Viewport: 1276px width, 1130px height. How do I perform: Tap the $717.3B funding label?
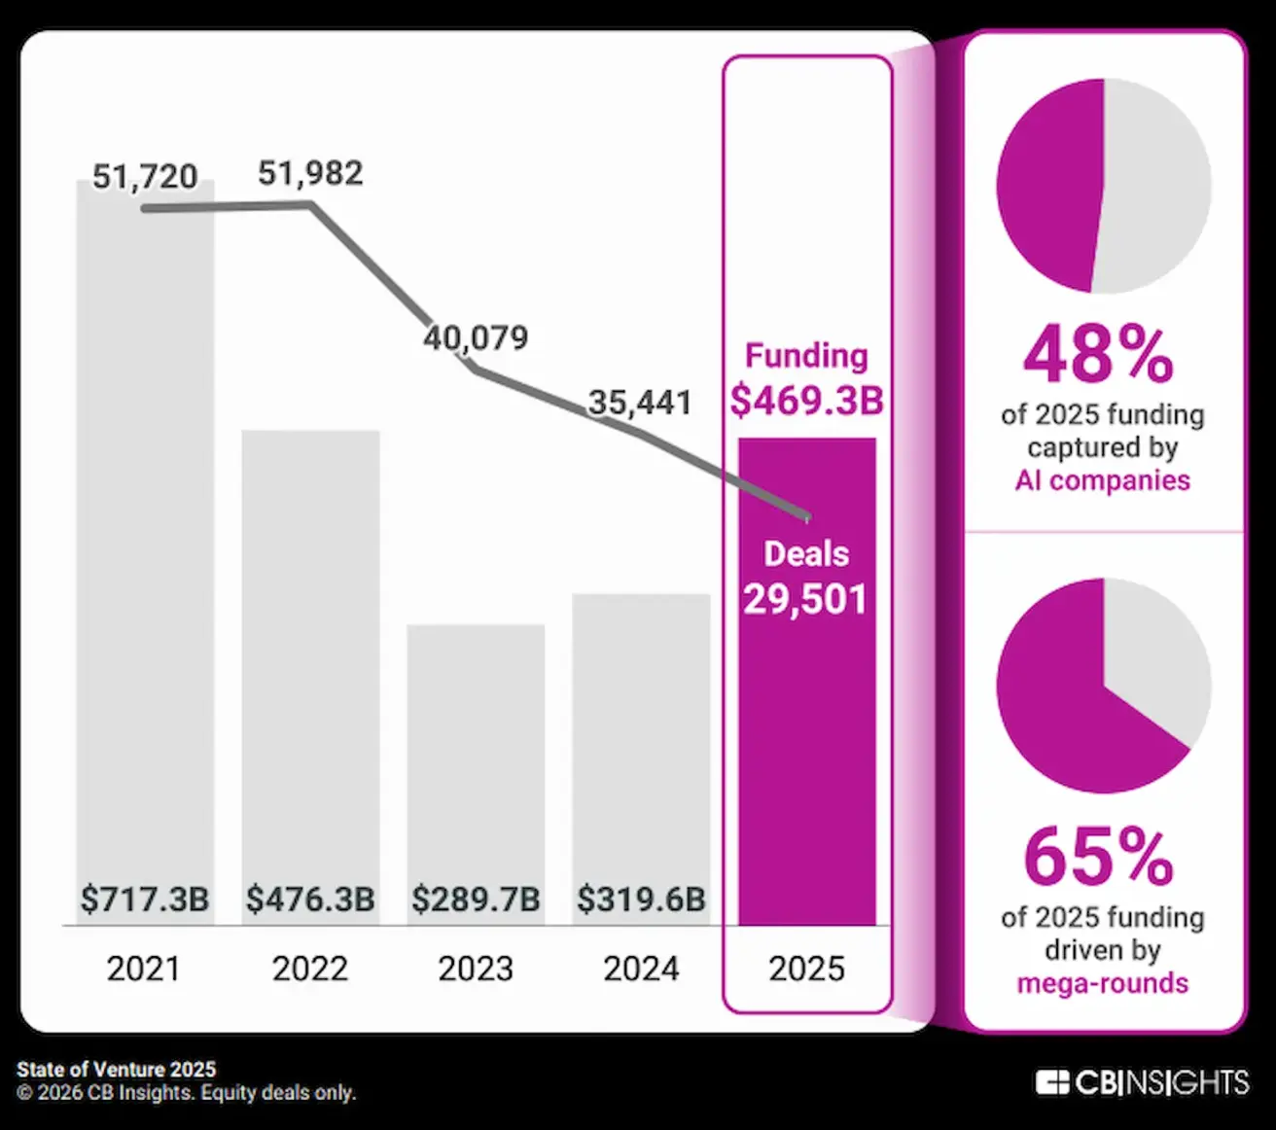click(x=144, y=899)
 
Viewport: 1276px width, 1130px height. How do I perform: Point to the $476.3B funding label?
click(x=310, y=899)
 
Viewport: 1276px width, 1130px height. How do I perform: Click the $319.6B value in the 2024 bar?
click(x=641, y=899)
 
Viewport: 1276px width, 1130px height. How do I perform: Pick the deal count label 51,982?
click(x=310, y=173)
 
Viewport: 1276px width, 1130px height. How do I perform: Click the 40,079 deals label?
click(x=476, y=337)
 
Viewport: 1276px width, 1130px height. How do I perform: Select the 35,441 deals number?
click(x=640, y=402)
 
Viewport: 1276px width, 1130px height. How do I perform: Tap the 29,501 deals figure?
click(x=805, y=599)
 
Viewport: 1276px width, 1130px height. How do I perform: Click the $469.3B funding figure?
click(x=806, y=400)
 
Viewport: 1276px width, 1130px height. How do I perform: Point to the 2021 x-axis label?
click(x=144, y=969)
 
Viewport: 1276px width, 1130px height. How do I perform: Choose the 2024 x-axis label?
click(x=641, y=969)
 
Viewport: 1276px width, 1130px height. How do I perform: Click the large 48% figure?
click(x=1099, y=355)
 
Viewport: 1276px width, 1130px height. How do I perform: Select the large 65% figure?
click(x=1099, y=857)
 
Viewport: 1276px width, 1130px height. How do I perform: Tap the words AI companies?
click(x=1102, y=480)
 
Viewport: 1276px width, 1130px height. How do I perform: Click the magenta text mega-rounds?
click(x=1102, y=983)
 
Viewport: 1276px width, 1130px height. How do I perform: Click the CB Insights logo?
click(x=1142, y=1082)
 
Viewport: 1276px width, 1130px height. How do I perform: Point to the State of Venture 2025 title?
click(x=116, y=1070)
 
